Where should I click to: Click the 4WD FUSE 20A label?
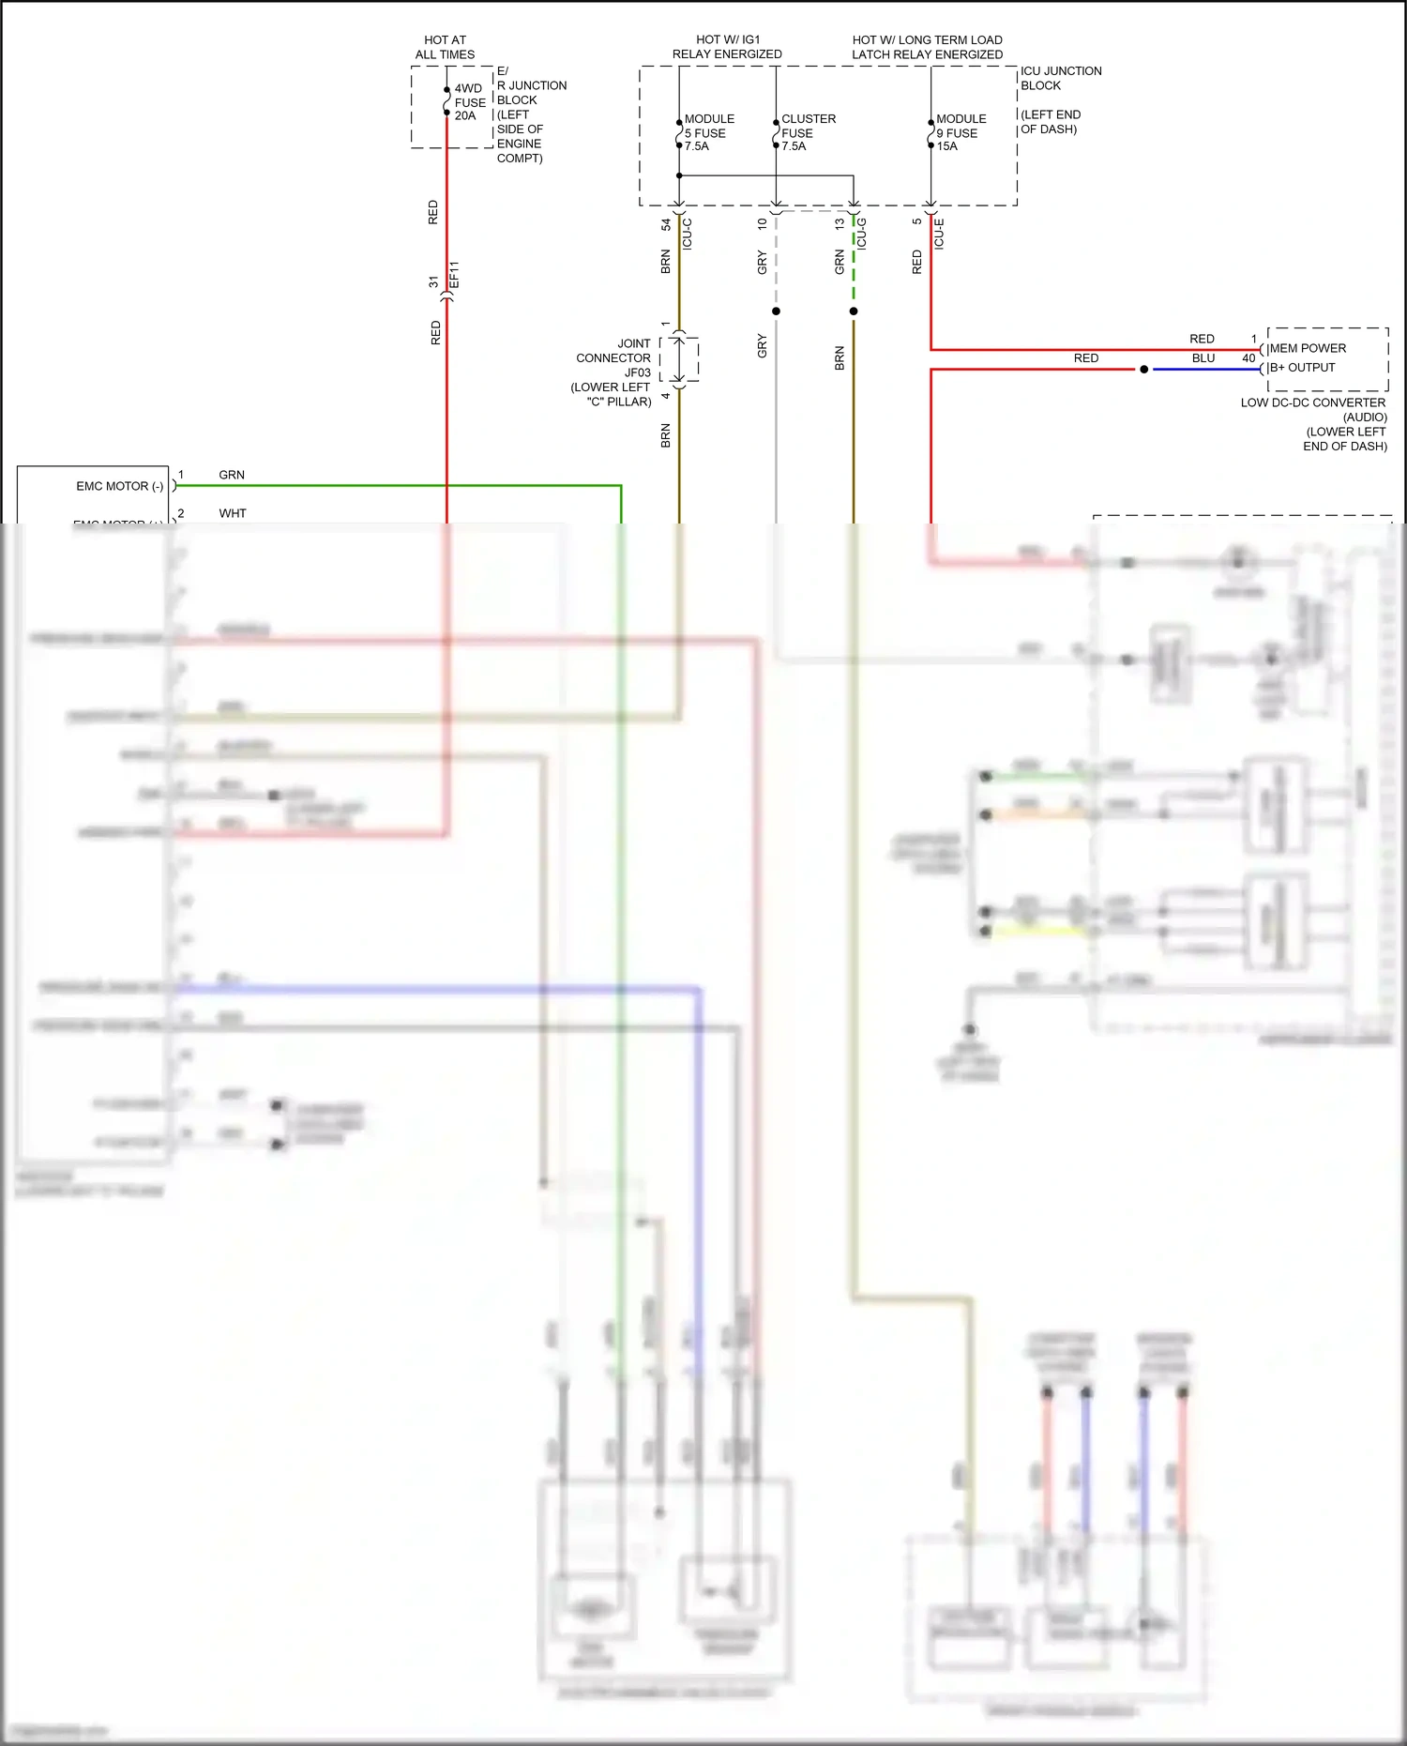(469, 102)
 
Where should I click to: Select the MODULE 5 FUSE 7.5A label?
(708, 132)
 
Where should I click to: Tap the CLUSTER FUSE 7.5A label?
(808, 132)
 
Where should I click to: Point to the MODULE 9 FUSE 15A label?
(961, 132)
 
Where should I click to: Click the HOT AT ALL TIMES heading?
(445, 47)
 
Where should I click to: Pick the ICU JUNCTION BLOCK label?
(1060, 78)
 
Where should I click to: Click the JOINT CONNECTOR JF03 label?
(614, 358)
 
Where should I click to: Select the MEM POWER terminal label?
(1308, 348)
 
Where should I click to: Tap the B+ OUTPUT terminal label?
(1302, 368)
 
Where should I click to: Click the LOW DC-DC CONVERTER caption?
(1312, 402)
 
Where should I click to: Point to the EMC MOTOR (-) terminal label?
(119, 486)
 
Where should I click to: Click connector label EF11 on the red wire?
(455, 275)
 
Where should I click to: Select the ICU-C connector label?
(688, 233)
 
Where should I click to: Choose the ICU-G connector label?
(862, 233)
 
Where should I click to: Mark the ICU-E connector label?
(939, 233)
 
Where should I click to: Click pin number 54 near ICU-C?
(666, 225)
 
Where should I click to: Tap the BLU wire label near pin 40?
(1203, 358)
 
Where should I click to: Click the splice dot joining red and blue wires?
(1143, 370)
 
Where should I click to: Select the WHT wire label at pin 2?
(233, 513)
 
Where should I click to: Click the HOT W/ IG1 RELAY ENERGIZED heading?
(727, 47)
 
